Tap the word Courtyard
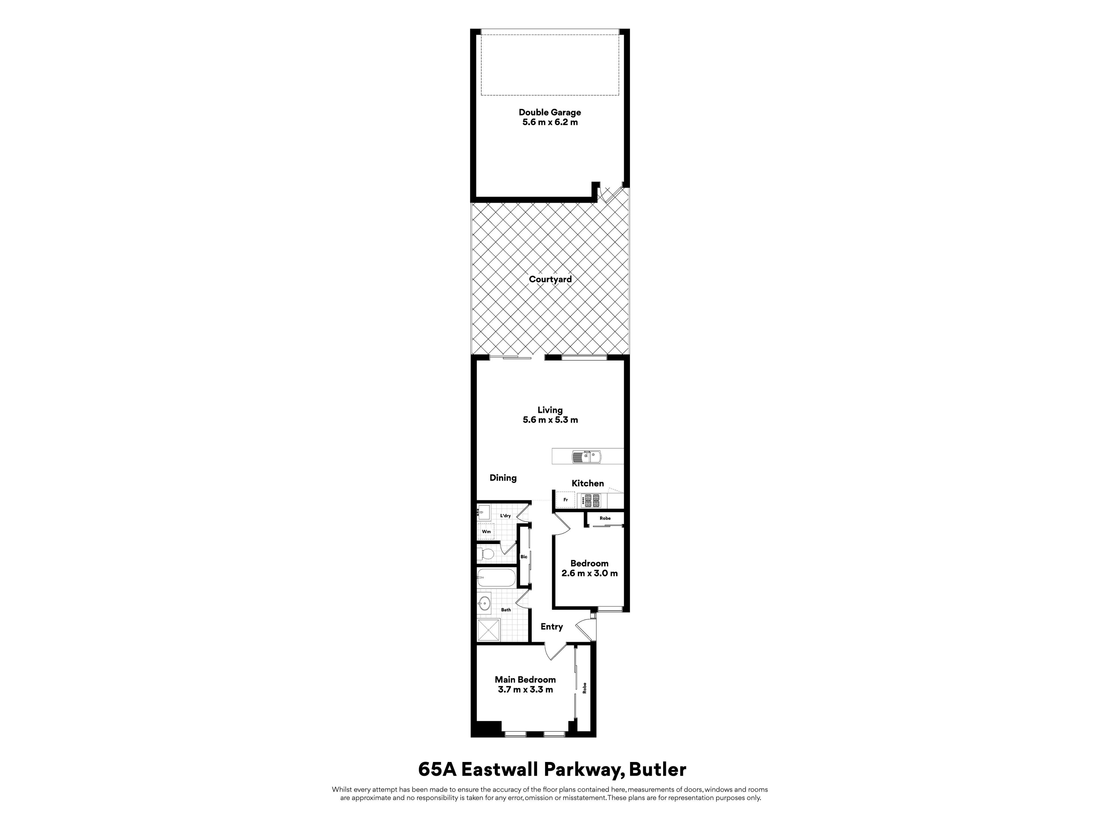[x=550, y=280]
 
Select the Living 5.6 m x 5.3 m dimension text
[x=550, y=420]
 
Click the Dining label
[x=503, y=478]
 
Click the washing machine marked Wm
[x=486, y=532]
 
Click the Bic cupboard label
[x=524, y=557]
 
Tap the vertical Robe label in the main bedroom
[x=585, y=688]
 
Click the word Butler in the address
[x=657, y=769]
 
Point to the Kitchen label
[x=588, y=483]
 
